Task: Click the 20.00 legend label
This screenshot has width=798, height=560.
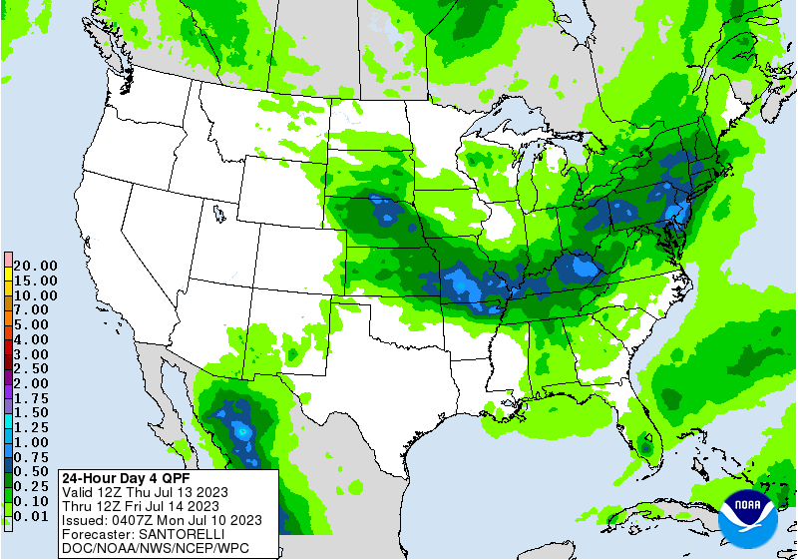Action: [35, 266]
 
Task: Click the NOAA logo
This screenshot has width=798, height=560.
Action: [752, 515]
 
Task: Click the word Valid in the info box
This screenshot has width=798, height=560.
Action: [78, 491]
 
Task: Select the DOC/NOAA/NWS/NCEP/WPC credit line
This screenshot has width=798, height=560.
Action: [156, 548]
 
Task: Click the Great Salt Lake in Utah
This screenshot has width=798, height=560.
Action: [217, 211]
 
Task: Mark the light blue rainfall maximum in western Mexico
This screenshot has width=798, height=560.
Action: [242, 431]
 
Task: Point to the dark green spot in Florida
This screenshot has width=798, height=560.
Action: [645, 450]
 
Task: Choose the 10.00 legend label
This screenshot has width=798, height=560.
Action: [35, 295]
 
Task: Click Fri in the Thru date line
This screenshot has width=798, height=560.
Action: [146, 505]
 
